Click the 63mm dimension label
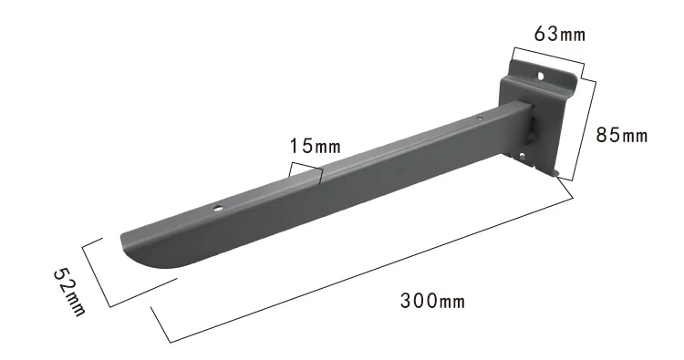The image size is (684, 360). coord(560,34)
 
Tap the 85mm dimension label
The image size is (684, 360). coord(622,135)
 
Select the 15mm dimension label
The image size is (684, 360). coord(315,146)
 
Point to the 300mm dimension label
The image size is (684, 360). coord(432,301)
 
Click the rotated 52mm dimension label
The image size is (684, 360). coord(70,291)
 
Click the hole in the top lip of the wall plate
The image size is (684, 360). coord(541,77)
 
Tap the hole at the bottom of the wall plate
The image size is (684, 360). coord(522,155)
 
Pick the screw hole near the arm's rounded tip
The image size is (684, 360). coord(217,209)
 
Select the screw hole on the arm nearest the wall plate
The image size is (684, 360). coord(480,118)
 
